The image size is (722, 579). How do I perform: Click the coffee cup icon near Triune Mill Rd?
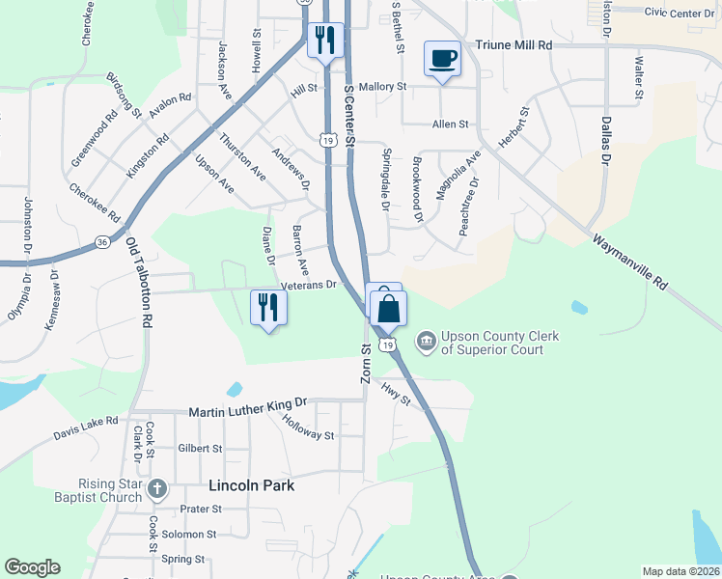click(x=442, y=60)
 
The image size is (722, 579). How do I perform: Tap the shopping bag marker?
click(x=388, y=310)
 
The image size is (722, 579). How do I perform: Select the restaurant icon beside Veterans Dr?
click(x=268, y=308)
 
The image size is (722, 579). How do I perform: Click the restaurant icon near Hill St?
click(x=324, y=40)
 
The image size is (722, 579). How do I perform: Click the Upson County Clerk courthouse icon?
click(x=425, y=341)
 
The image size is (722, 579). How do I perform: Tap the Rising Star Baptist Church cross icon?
click(x=157, y=489)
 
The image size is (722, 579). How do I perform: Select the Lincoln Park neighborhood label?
click(x=251, y=485)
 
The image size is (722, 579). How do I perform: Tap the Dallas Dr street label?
click(x=606, y=139)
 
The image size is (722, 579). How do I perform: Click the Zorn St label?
click(x=366, y=363)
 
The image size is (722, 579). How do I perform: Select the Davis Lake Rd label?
click(x=85, y=426)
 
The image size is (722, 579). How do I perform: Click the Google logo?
click(x=32, y=567)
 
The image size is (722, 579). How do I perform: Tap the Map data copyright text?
click(x=680, y=571)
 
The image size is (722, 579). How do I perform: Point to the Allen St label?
click(x=450, y=124)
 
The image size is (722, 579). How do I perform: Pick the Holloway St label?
click(x=309, y=427)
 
